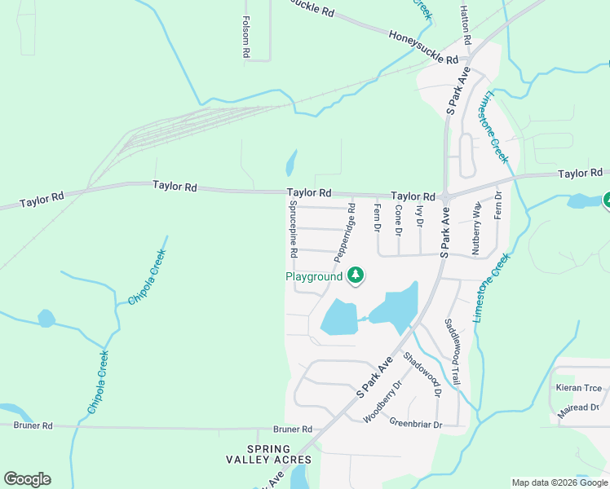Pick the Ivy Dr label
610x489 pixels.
point(420,216)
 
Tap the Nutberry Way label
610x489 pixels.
point(476,228)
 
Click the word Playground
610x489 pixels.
point(314,277)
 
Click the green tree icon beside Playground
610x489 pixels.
point(355,276)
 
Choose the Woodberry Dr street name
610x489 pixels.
point(383,401)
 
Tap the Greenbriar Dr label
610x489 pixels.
point(415,424)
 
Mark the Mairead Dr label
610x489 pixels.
point(578,407)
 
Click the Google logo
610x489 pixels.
point(27,479)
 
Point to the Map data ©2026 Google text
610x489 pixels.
point(559,482)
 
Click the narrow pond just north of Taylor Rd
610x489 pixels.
point(290,163)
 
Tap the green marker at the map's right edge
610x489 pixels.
point(607,199)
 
